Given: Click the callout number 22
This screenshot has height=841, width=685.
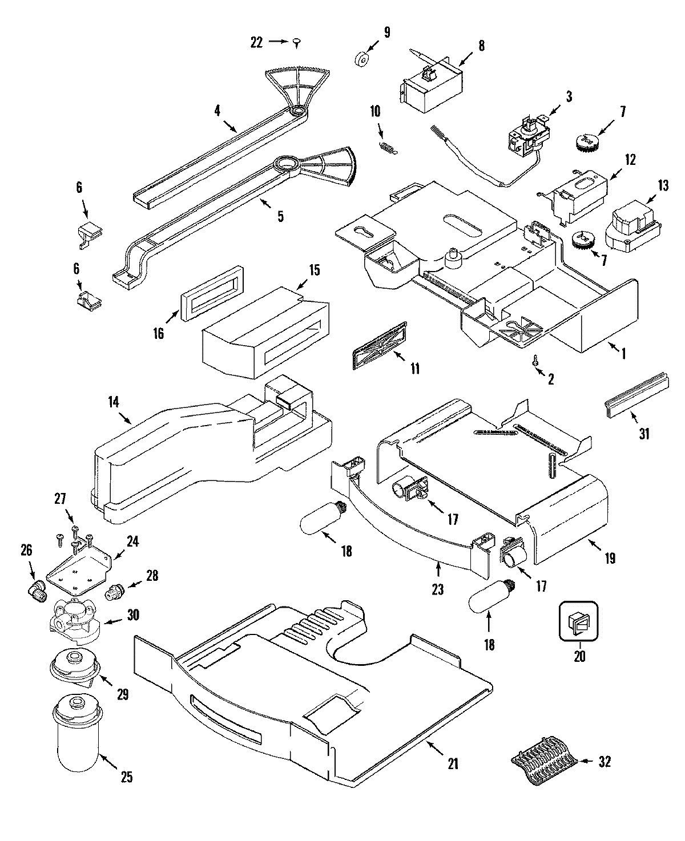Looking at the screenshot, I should point(256,42).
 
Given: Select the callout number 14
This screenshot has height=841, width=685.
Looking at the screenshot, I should point(113,402).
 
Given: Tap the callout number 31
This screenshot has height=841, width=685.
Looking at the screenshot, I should point(643,434).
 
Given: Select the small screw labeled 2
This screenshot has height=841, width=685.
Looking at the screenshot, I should point(535,361).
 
